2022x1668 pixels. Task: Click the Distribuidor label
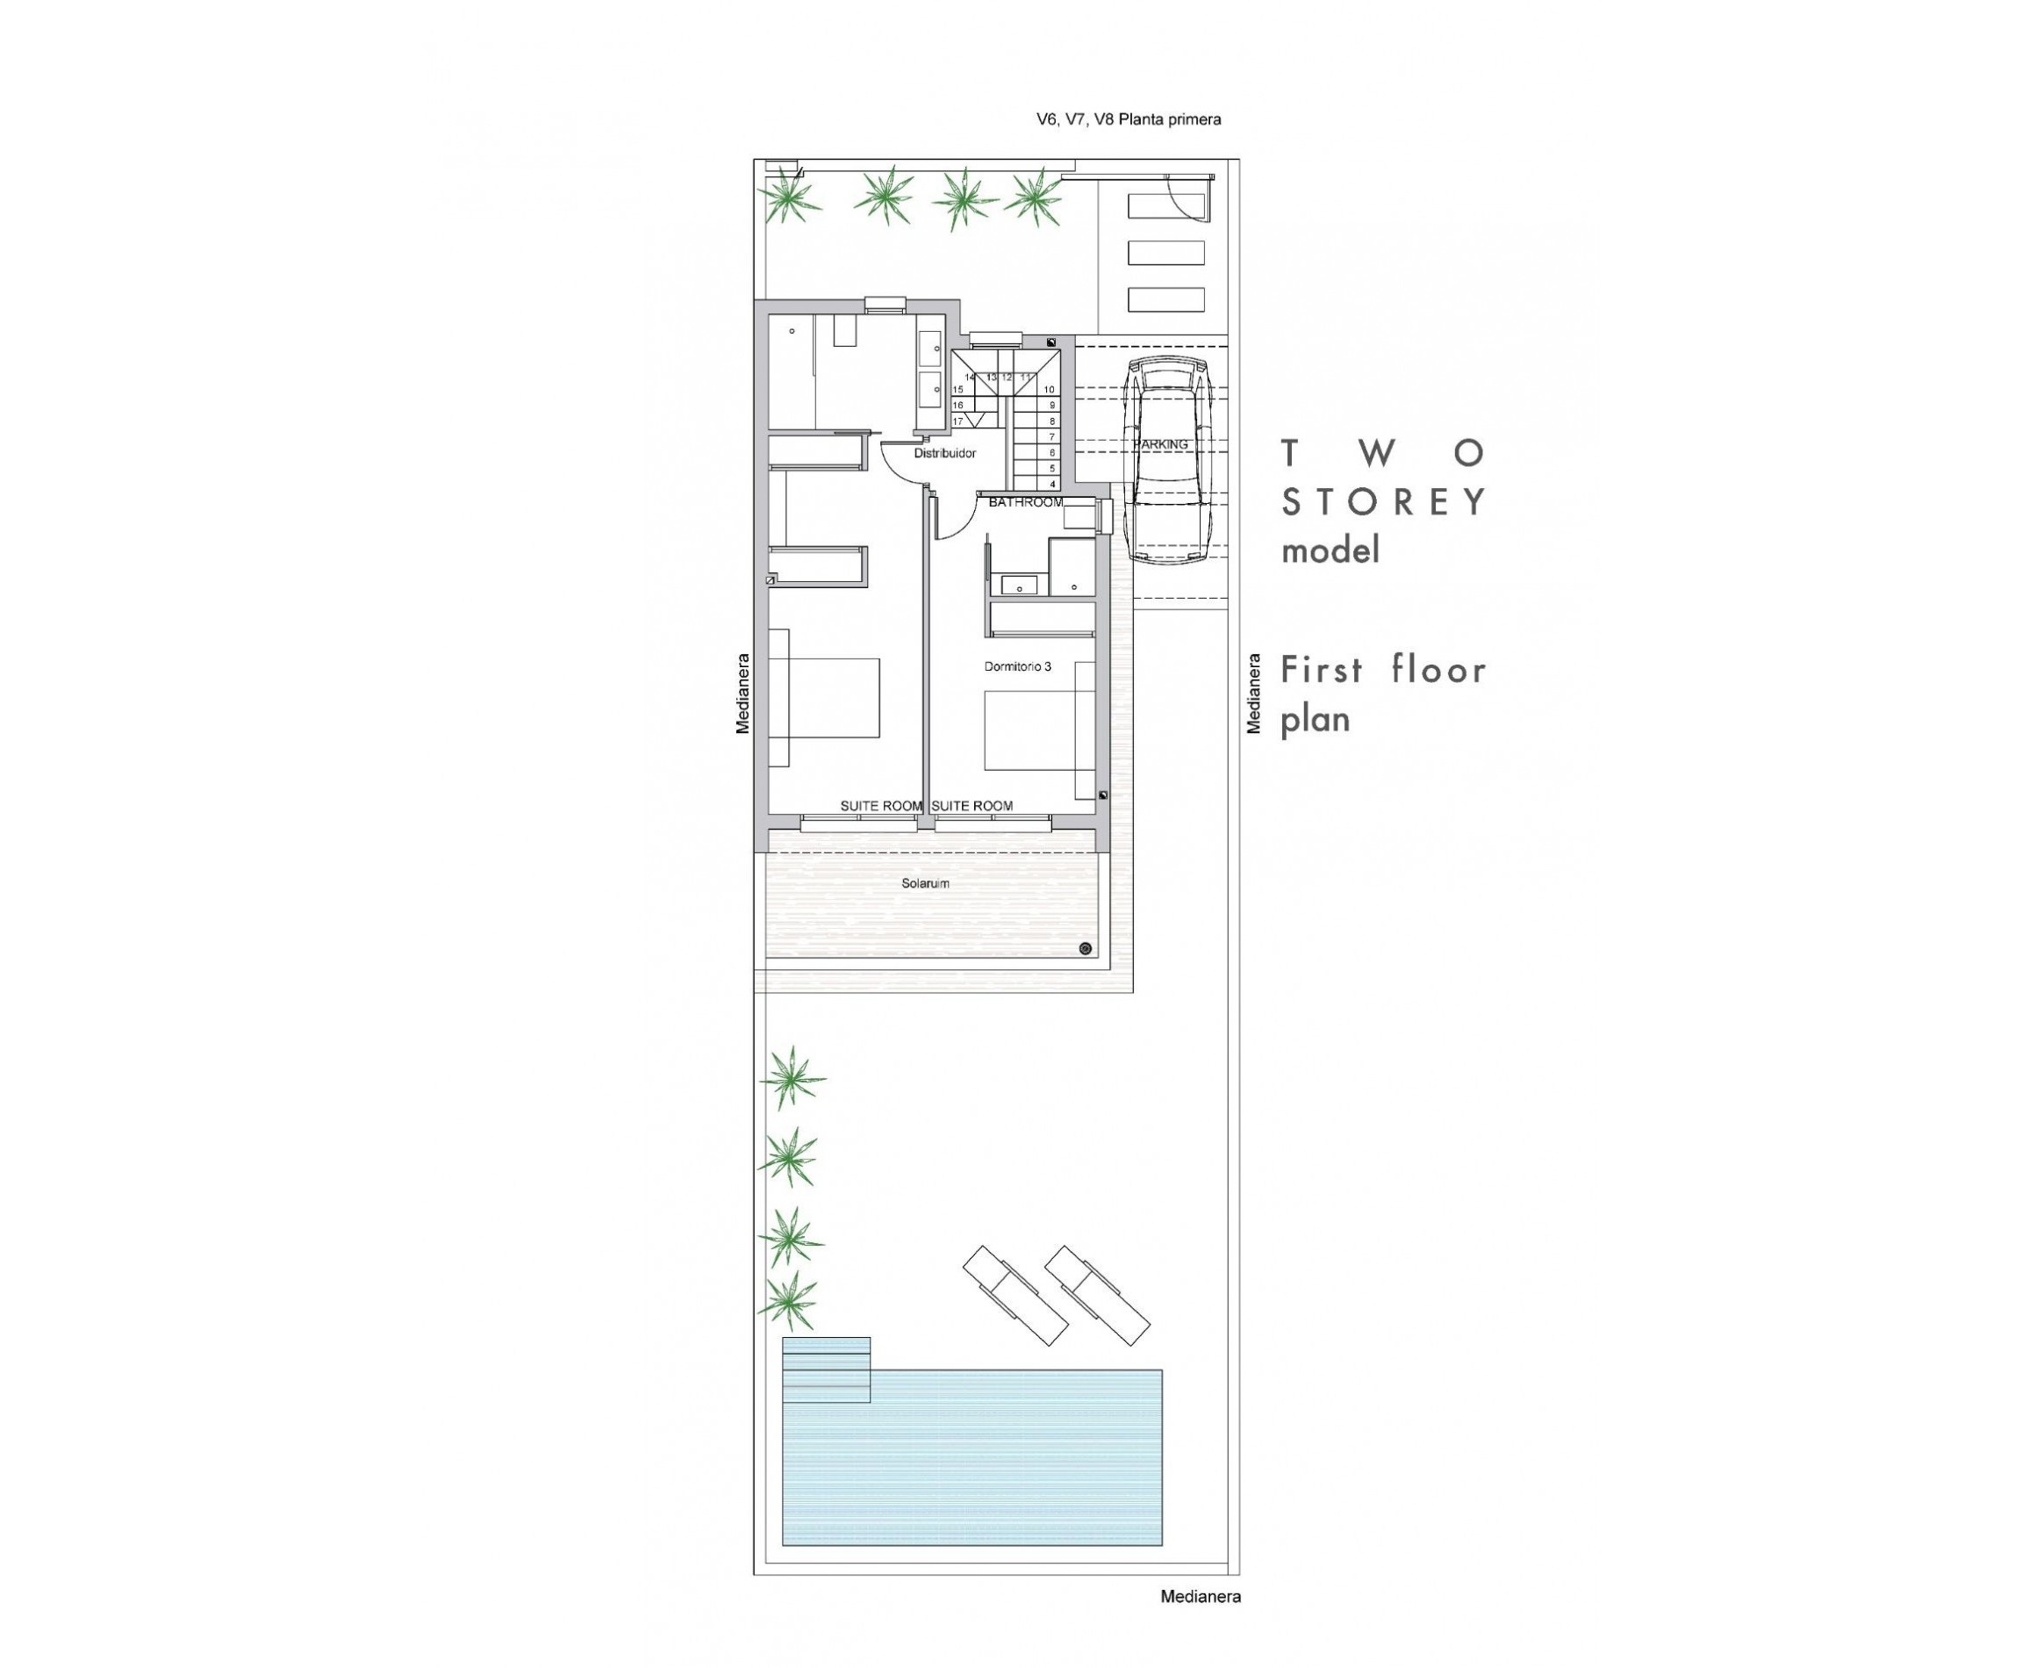pyautogui.click(x=944, y=452)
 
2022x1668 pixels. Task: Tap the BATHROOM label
pyautogui.click(x=1025, y=502)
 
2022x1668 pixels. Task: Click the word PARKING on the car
pyautogui.click(x=1160, y=444)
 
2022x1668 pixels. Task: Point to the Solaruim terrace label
pyautogui.click(x=925, y=883)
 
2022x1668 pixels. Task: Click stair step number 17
pyautogui.click(x=957, y=421)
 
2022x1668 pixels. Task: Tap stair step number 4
pyautogui.click(x=1053, y=485)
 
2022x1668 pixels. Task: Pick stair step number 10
pyautogui.click(x=1049, y=389)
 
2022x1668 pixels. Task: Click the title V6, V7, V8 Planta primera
pyautogui.click(x=1128, y=120)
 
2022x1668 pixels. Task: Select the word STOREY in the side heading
pyautogui.click(x=1383, y=501)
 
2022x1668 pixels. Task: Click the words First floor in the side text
pyautogui.click(x=1383, y=670)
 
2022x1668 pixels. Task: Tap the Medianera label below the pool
pyautogui.click(x=1200, y=1597)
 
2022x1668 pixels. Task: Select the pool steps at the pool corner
pyautogui.click(x=826, y=1370)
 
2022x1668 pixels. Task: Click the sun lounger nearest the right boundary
pyautogui.click(x=1097, y=1294)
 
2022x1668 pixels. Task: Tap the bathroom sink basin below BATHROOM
pyautogui.click(x=1018, y=584)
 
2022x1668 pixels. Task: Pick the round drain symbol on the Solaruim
pyautogui.click(x=1086, y=948)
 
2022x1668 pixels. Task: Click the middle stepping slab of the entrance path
pyautogui.click(x=1165, y=253)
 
